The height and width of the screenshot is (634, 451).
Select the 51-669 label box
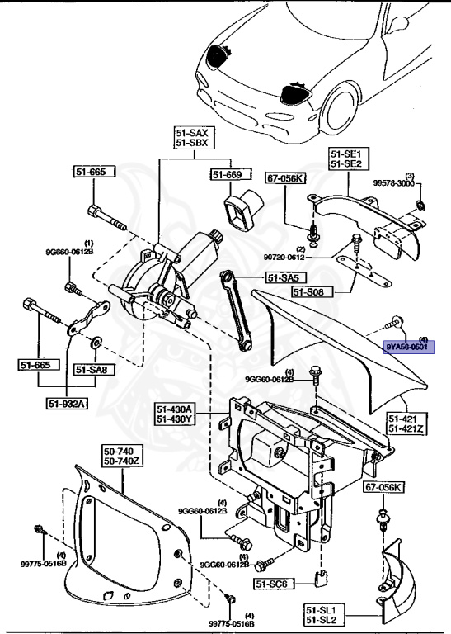tap(226, 174)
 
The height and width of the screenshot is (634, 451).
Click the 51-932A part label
tap(67, 404)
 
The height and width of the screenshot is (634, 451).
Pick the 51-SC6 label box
tap(274, 584)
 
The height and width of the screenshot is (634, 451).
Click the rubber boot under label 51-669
tap(243, 210)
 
